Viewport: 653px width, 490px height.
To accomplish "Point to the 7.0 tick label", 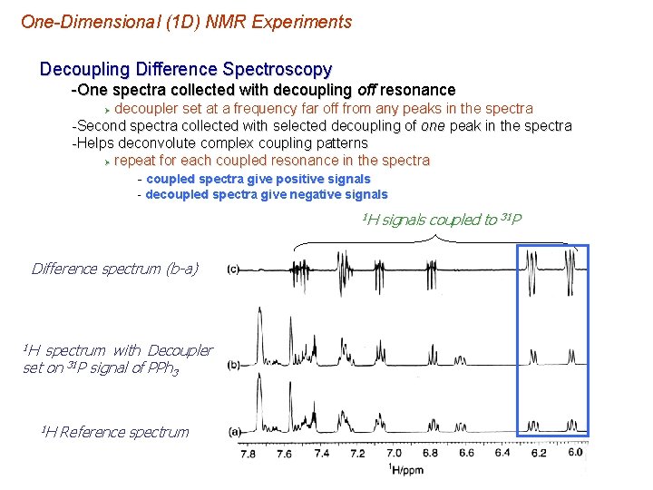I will [394, 453].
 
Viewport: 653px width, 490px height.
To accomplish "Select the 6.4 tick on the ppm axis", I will [502, 453].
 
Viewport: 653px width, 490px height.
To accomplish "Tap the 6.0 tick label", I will [575, 452].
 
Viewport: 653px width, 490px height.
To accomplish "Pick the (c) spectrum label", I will [233, 269].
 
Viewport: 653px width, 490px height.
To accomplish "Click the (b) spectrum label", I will [233, 364].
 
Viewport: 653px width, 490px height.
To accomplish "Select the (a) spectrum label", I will [233, 432].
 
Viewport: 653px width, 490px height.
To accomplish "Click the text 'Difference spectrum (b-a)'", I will [115, 269].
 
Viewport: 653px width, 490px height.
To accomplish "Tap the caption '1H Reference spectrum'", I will [115, 432].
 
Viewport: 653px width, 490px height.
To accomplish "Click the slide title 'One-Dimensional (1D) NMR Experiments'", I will [186, 21].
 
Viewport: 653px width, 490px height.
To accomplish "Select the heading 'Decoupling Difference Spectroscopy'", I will [186, 69].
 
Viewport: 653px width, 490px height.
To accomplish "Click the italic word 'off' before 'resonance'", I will [365, 90].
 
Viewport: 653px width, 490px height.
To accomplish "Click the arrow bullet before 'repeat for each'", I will [106, 161].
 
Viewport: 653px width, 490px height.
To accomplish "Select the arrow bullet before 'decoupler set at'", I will [106, 109].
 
